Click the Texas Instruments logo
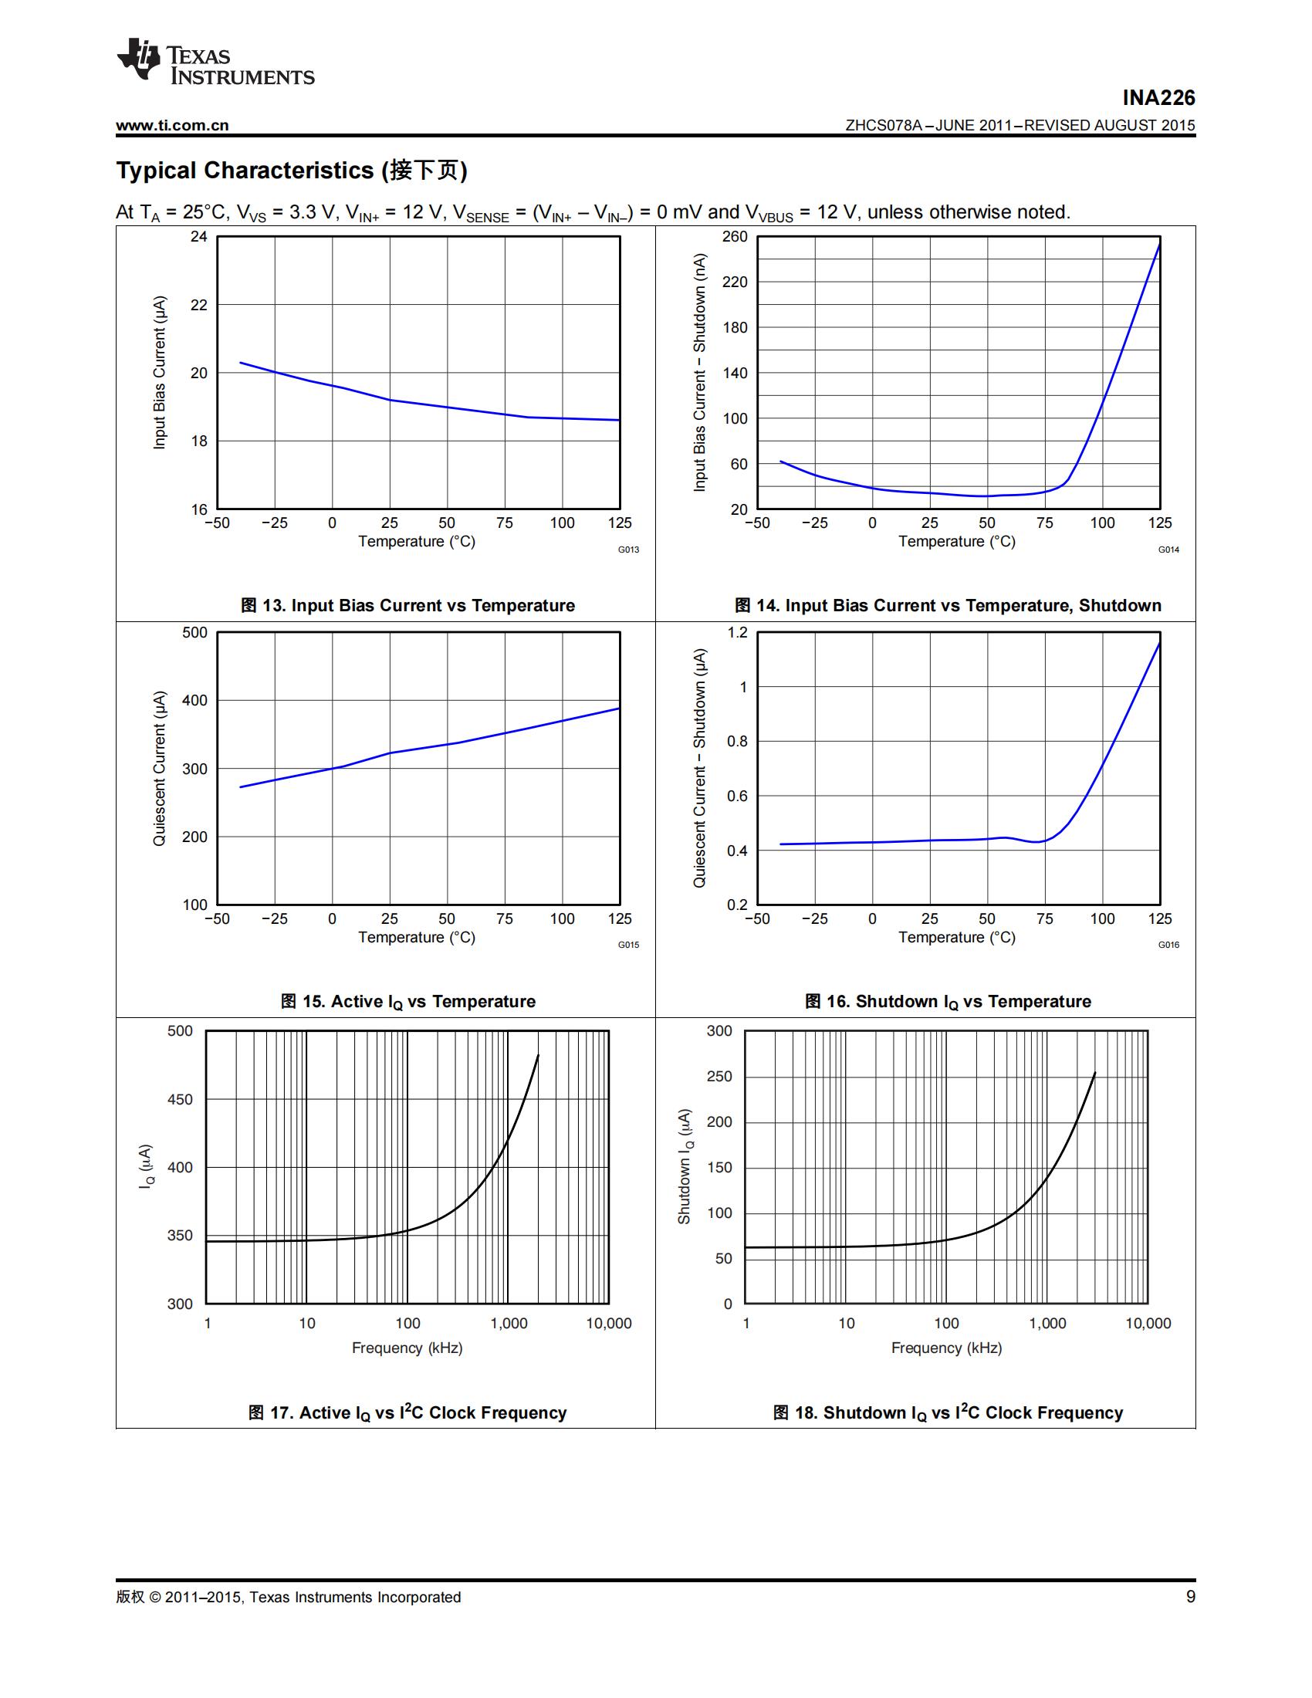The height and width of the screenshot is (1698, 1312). tap(215, 60)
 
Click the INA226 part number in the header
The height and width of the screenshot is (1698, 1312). tap(1158, 98)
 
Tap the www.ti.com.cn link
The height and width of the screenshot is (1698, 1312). tap(173, 126)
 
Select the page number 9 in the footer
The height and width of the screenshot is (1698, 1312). tap(1190, 1597)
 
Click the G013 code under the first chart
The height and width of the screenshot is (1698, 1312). tap(628, 550)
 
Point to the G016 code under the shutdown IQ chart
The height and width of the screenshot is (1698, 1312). tap(1168, 945)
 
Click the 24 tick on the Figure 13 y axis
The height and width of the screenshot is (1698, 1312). tap(199, 236)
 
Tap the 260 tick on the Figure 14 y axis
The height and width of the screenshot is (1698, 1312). tap(735, 236)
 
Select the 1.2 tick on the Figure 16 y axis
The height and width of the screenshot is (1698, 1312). tap(737, 632)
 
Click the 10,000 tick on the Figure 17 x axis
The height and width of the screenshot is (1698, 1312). tap(609, 1323)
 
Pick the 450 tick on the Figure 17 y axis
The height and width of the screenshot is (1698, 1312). tap(180, 1099)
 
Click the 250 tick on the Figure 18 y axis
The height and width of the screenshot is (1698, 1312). tap(719, 1076)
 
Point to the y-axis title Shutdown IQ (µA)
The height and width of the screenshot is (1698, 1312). tap(684, 1166)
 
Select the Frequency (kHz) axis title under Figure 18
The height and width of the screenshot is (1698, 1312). tap(946, 1348)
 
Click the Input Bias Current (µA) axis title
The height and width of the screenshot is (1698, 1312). tap(159, 373)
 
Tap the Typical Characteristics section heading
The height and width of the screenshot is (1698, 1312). tap(292, 171)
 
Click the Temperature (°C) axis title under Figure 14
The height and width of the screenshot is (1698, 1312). tap(957, 541)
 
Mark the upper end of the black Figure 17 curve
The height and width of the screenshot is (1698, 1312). tap(538, 1055)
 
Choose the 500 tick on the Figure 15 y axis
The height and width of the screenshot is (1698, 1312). tap(194, 632)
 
